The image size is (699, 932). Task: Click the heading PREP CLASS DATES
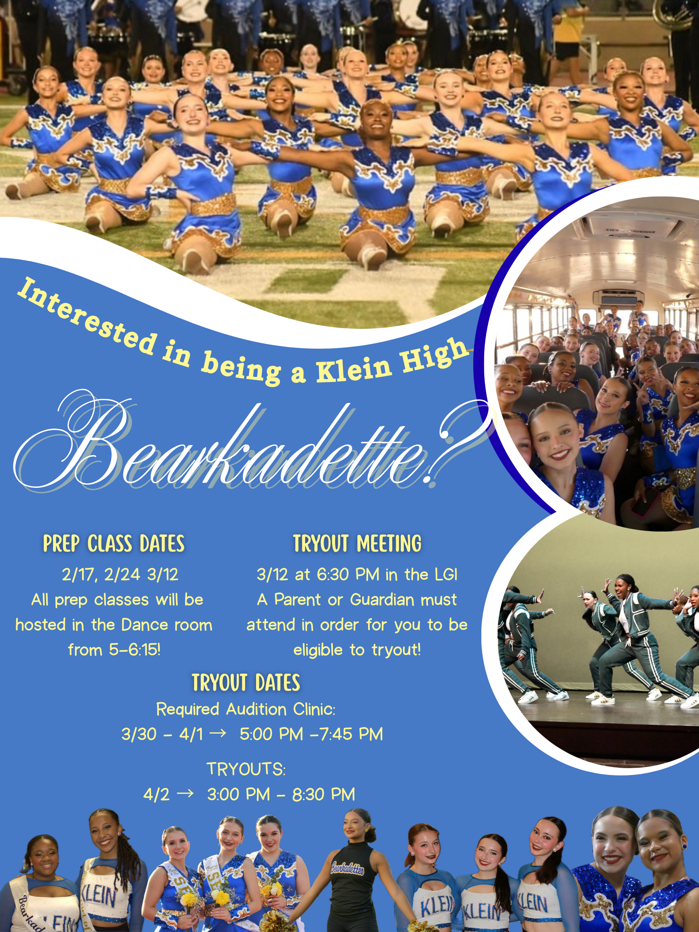[x=114, y=544]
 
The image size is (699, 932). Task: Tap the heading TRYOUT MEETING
[x=357, y=544]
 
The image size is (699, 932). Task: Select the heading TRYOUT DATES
[x=246, y=682]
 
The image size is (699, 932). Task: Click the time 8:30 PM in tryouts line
[x=324, y=794]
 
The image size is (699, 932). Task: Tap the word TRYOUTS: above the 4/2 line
[x=246, y=769]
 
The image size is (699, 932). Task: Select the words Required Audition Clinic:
[x=246, y=710]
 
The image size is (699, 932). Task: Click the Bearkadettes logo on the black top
[x=347, y=868]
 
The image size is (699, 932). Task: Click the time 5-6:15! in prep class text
[x=135, y=650]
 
